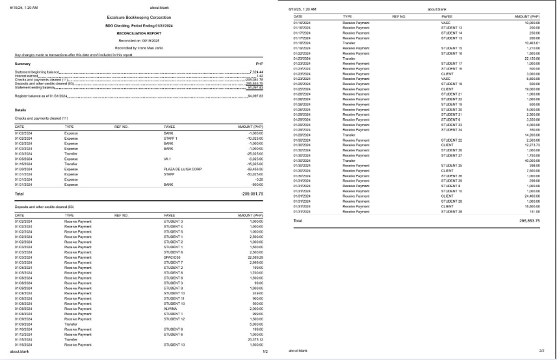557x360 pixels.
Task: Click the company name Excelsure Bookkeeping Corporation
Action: (138, 18)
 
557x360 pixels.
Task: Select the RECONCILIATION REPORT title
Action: (138, 31)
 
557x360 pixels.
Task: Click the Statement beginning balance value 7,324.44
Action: (255, 71)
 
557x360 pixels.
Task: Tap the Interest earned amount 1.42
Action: (259, 75)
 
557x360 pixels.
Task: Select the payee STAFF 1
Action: (170, 138)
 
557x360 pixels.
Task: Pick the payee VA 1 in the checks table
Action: (168, 158)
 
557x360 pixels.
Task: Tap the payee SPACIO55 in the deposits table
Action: (173, 257)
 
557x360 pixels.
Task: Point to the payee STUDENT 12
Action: (174, 318)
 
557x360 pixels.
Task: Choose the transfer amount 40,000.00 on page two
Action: (530, 161)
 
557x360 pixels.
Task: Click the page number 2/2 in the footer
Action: (541, 352)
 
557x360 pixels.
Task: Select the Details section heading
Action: (20, 110)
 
